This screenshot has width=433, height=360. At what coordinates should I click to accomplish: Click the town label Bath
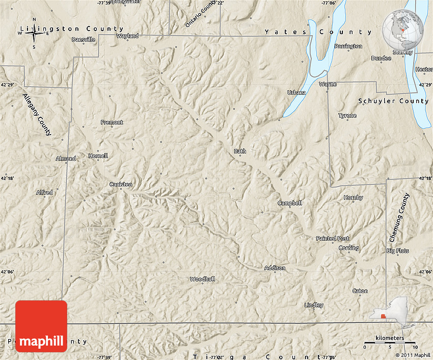coord(239,151)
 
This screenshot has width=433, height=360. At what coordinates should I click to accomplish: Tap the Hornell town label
coord(98,156)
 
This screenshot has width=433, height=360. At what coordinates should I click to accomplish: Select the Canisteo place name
coord(121,184)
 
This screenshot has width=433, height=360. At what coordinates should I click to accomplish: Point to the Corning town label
coord(349,248)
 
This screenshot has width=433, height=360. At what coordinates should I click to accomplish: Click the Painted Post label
coord(333,238)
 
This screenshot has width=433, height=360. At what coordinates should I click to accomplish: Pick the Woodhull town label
coord(202,279)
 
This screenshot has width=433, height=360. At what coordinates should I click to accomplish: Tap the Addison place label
coord(275,268)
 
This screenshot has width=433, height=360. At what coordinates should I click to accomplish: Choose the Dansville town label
coord(84,39)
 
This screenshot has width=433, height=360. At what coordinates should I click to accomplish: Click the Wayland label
coord(127,36)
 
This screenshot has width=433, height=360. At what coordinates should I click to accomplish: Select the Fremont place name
coord(112,122)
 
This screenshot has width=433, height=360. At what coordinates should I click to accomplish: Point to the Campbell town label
coord(290,203)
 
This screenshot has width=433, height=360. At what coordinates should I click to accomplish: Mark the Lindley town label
coord(314,305)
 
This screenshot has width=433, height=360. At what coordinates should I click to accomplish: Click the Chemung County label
coord(399,217)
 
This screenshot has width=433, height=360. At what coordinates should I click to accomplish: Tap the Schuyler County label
coord(394,101)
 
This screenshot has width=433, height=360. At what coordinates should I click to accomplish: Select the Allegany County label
coord(37,115)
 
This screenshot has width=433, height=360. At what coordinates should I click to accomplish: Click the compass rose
coord(34,34)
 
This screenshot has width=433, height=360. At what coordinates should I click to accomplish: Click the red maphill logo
coord(41,326)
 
